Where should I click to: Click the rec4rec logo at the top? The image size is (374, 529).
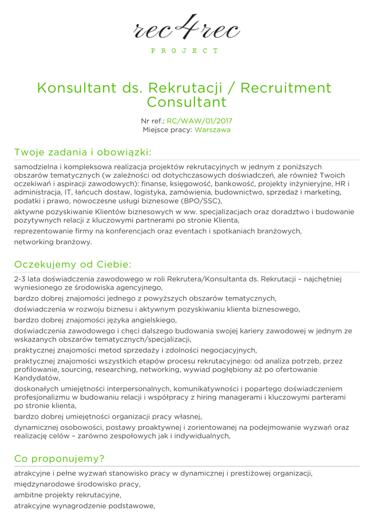pyautogui.click(x=187, y=27)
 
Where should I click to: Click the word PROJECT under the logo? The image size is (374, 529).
pyautogui.click(x=185, y=51)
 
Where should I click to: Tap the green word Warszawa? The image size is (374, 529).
pyautogui.click(x=213, y=130)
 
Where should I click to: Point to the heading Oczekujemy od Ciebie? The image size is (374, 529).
pyautogui.click(x=73, y=264)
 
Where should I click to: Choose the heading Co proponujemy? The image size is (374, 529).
pyautogui.click(x=59, y=459)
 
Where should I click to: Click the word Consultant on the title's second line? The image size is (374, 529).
pyautogui.click(x=187, y=102)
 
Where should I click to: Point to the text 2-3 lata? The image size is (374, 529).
pyautogui.click(x=28, y=279)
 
